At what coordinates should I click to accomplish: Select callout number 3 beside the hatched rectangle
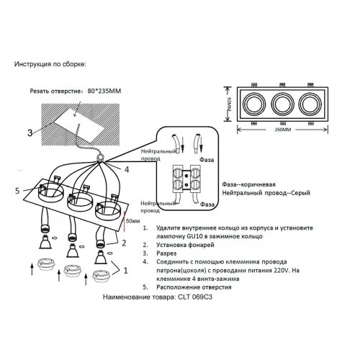point(29,132)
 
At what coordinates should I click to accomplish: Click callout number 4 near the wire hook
point(127,171)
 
